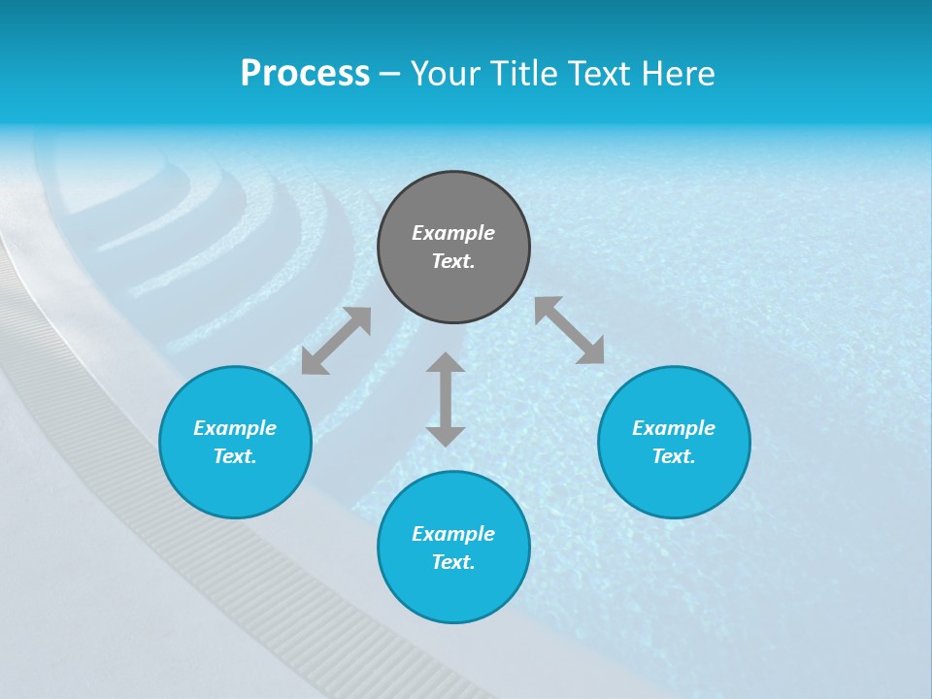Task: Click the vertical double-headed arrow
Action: point(446,399)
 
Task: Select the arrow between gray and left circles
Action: point(336,341)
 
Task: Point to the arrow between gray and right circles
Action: point(569,330)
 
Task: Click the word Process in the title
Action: point(305,74)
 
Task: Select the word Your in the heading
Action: point(446,74)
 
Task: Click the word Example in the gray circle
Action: point(453,233)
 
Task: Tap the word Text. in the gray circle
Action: point(453,261)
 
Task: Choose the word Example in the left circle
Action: point(235,428)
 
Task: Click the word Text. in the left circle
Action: point(235,456)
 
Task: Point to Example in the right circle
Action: point(674,428)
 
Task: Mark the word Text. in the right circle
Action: point(674,456)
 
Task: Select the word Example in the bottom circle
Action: point(453,534)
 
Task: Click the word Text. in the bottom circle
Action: point(453,562)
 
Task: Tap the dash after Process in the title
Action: point(389,75)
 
